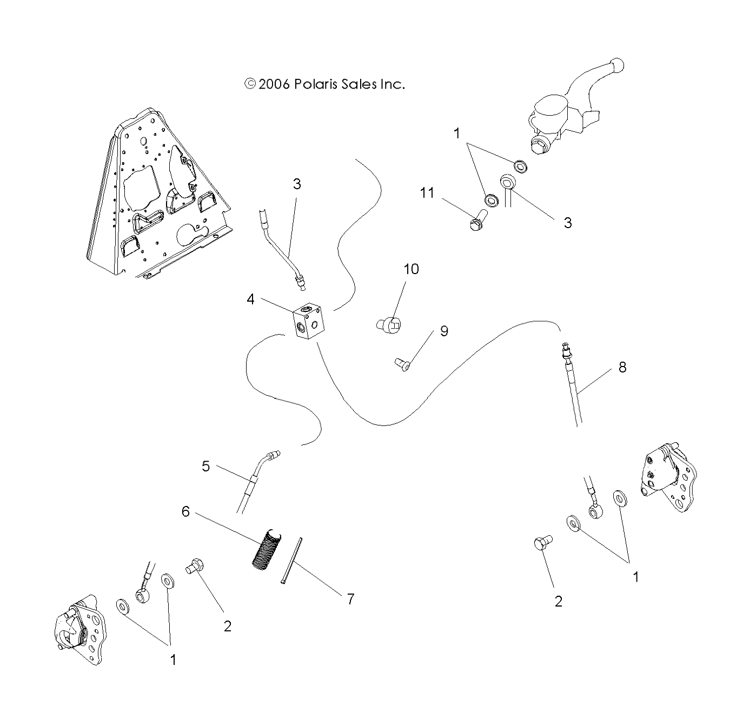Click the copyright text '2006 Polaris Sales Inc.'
pyautogui.click(x=324, y=84)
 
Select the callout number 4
pyautogui.click(x=251, y=299)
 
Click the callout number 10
pyautogui.click(x=412, y=269)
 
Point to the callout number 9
pyautogui.click(x=444, y=331)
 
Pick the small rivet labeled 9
pyautogui.click(x=403, y=366)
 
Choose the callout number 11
pyautogui.click(x=427, y=192)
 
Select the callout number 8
pyautogui.click(x=622, y=368)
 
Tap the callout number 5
pyautogui.click(x=205, y=466)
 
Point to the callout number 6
pyautogui.click(x=185, y=511)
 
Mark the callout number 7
pyautogui.click(x=350, y=599)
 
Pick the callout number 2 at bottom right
pyautogui.click(x=559, y=601)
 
